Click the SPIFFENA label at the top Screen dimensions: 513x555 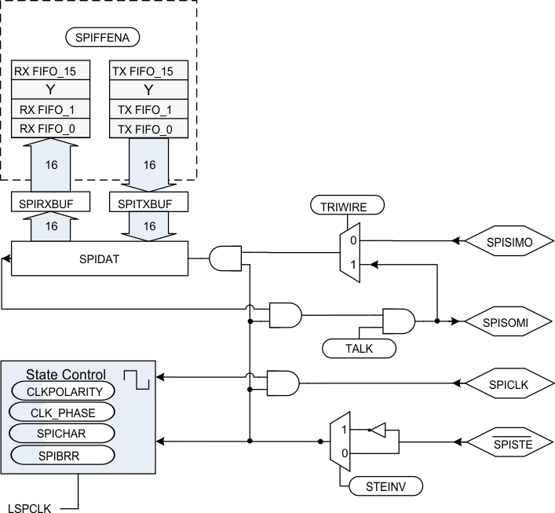[101, 38]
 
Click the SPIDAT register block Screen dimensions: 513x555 [100, 258]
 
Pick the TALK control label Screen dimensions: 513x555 [358, 346]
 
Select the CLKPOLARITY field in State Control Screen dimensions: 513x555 [62, 390]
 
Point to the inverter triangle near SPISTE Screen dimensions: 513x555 [378, 430]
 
